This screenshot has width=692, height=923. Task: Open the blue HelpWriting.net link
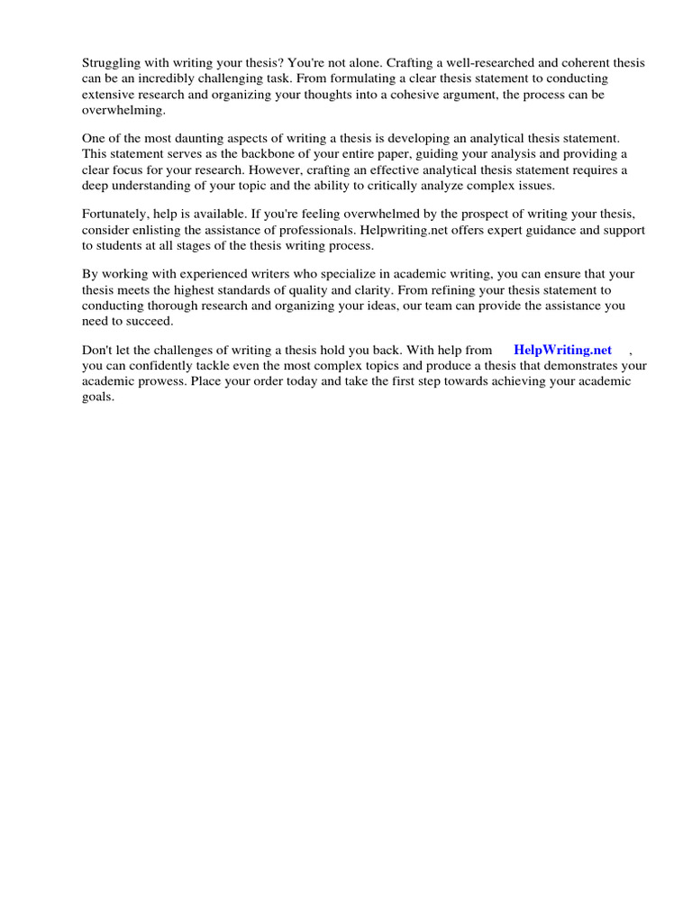pyautogui.click(x=562, y=351)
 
